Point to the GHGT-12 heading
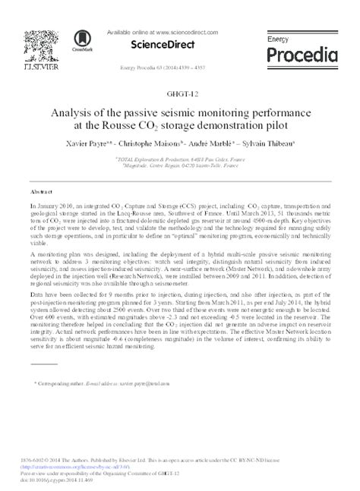[x=180, y=94]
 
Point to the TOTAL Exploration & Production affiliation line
[x=179, y=159]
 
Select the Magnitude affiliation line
[x=179, y=167]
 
